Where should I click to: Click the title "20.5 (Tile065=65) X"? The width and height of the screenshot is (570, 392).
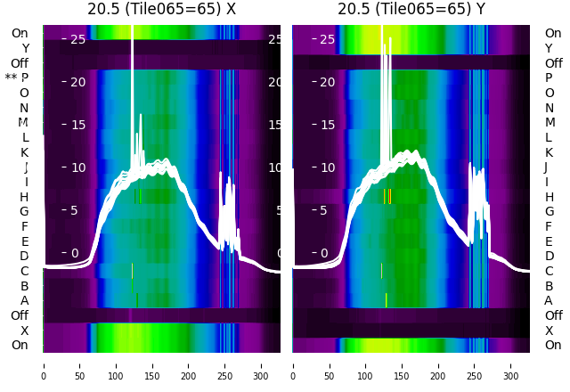pos(161,9)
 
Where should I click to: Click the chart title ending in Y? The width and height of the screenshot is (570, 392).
pos(411,9)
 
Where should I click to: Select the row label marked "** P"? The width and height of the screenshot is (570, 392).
pos(17,78)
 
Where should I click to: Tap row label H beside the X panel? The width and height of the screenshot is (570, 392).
pos(24,197)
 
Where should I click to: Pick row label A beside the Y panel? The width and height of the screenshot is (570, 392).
pos(549,301)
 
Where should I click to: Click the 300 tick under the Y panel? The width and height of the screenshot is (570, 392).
pos(511,364)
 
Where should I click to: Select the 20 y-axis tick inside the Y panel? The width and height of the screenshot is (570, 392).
pos(328,82)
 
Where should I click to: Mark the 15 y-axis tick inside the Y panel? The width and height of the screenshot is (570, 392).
pos(328,125)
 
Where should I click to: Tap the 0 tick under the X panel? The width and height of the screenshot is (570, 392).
pos(44,364)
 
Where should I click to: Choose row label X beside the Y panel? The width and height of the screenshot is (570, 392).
pos(549,331)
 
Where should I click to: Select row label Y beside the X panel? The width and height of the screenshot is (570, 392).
pos(24,48)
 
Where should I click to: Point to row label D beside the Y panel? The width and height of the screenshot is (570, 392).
pos(549,257)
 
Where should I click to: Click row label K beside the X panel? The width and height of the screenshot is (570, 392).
pos(24,152)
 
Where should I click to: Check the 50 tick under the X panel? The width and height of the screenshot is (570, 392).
pos(80,364)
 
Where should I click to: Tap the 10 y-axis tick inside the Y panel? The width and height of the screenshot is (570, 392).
pos(328,167)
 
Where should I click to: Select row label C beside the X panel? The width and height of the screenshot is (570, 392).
pos(24,271)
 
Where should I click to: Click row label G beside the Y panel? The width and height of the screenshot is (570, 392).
pos(549,212)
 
